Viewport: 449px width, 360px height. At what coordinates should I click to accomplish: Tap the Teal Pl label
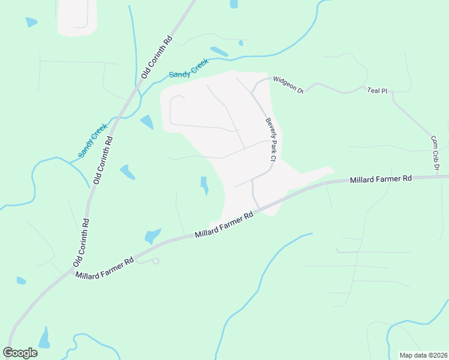pos(377,90)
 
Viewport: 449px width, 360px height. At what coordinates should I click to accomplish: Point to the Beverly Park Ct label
pos(270,140)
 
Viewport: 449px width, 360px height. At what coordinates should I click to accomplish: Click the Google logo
pos(20,352)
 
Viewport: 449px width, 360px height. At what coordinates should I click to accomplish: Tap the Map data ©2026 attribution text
pos(424,355)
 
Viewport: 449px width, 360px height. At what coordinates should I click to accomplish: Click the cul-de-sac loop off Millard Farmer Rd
pos(156,261)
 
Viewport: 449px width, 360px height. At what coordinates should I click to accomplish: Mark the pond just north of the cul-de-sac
pos(152,235)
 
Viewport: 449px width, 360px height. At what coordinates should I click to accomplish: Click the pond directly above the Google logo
pos(44,338)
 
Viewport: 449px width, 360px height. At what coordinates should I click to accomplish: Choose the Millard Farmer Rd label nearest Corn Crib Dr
pos(381,179)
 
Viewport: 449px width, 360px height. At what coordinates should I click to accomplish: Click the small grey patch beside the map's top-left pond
pos(77,17)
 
